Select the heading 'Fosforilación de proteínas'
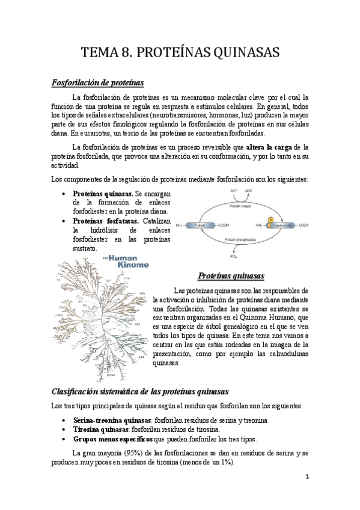pos(97,81)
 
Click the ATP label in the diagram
pos(234,191)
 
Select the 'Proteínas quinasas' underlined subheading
pos(231,276)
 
